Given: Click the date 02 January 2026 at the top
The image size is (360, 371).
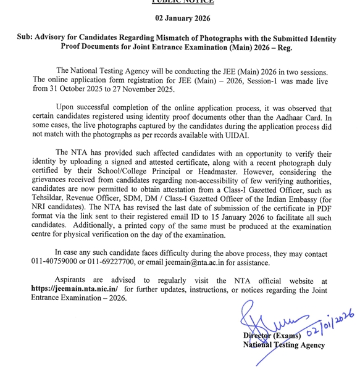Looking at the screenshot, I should pyautogui.click(x=180, y=19).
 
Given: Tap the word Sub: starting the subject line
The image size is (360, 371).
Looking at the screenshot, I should pyautogui.click(x=28, y=38).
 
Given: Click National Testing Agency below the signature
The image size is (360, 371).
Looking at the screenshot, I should pyautogui.click(x=283, y=345).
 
